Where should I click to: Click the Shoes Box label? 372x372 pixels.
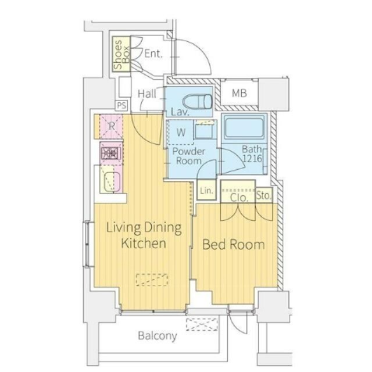pyautogui.click(x=121, y=54)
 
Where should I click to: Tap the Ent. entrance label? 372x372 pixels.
pyautogui.click(x=153, y=53)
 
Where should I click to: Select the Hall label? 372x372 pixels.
pyautogui.click(x=147, y=94)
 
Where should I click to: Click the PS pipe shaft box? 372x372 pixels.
pyautogui.click(x=121, y=105)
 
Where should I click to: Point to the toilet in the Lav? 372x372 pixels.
pyautogui.click(x=198, y=101)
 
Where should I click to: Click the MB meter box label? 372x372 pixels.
pyautogui.click(x=239, y=93)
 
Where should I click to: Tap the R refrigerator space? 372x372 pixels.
pyautogui.click(x=111, y=127)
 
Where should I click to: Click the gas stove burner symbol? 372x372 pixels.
pyautogui.click(x=111, y=153)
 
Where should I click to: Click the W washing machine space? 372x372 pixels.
pyautogui.click(x=181, y=132)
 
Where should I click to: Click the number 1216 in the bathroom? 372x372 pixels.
pyautogui.click(x=252, y=158)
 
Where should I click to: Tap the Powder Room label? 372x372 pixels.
pyautogui.click(x=188, y=156)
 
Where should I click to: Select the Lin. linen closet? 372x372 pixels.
pyautogui.click(x=207, y=190)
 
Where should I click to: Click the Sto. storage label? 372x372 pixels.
pyautogui.click(x=263, y=195)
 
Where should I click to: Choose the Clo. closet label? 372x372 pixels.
pyautogui.click(x=239, y=198)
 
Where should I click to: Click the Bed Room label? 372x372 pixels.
pyautogui.click(x=234, y=244)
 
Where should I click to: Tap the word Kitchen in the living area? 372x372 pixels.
pyautogui.click(x=144, y=243)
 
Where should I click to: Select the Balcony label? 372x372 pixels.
pyautogui.click(x=158, y=336)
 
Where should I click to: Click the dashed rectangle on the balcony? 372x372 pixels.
pyautogui.click(x=202, y=324)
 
